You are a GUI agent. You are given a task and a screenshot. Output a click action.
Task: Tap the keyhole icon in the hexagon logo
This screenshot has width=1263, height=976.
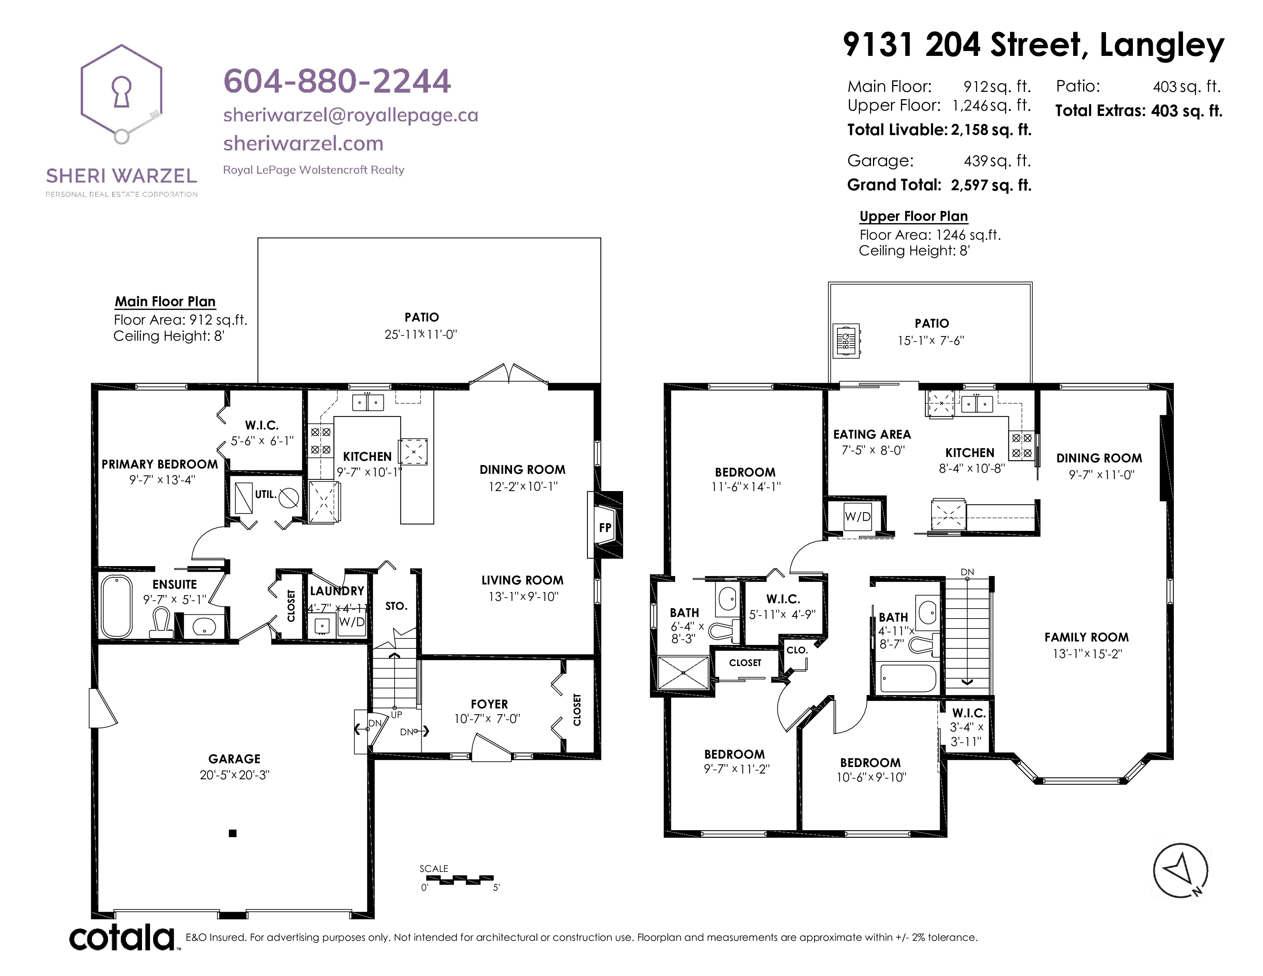tap(121, 92)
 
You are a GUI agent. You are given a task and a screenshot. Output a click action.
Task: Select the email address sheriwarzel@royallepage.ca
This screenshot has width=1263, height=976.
tap(351, 115)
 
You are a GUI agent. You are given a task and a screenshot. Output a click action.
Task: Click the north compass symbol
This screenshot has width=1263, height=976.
tap(1180, 870)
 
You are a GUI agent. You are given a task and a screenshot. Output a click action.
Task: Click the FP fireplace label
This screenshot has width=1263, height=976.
tap(605, 527)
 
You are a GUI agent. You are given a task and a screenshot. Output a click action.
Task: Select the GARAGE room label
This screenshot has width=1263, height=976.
tap(234, 759)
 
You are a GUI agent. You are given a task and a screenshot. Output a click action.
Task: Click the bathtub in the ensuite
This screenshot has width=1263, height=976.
tap(117, 606)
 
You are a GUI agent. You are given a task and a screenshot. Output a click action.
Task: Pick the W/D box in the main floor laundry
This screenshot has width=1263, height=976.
tap(352, 622)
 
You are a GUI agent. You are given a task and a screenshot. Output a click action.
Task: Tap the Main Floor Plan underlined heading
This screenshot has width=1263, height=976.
tap(165, 301)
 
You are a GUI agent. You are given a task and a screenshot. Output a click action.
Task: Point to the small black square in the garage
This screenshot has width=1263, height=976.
tap(232, 833)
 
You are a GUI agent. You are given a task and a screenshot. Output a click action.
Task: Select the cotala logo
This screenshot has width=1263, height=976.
tap(122, 937)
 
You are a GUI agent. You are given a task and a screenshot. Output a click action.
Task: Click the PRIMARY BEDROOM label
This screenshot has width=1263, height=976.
tap(160, 464)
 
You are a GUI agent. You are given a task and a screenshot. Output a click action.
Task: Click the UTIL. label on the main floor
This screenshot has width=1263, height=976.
tap(266, 495)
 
